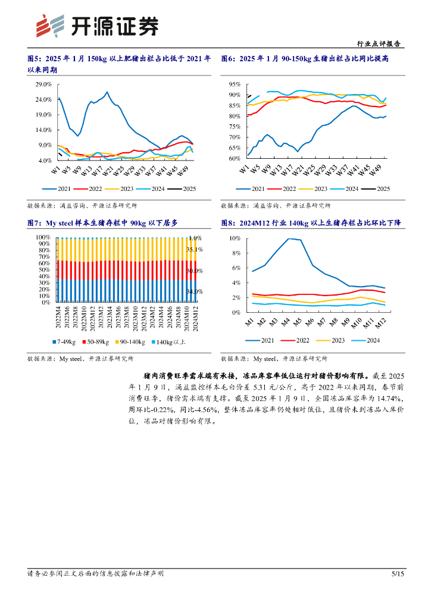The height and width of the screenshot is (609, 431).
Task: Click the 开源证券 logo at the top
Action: click(98, 26)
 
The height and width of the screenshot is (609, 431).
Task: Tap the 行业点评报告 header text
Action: click(379, 44)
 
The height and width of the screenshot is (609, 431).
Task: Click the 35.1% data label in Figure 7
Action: click(195, 250)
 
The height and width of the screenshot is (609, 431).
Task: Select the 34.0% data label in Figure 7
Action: click(195, 291)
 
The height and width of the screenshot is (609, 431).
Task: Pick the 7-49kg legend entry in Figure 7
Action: click(64, 342)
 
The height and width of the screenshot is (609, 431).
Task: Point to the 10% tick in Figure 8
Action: click(235, 238)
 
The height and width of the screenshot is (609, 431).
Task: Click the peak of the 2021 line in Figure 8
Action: click(289, 239)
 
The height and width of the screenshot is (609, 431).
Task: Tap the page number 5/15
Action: click(398, 574)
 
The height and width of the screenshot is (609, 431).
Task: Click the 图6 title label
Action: click(228, 58)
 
